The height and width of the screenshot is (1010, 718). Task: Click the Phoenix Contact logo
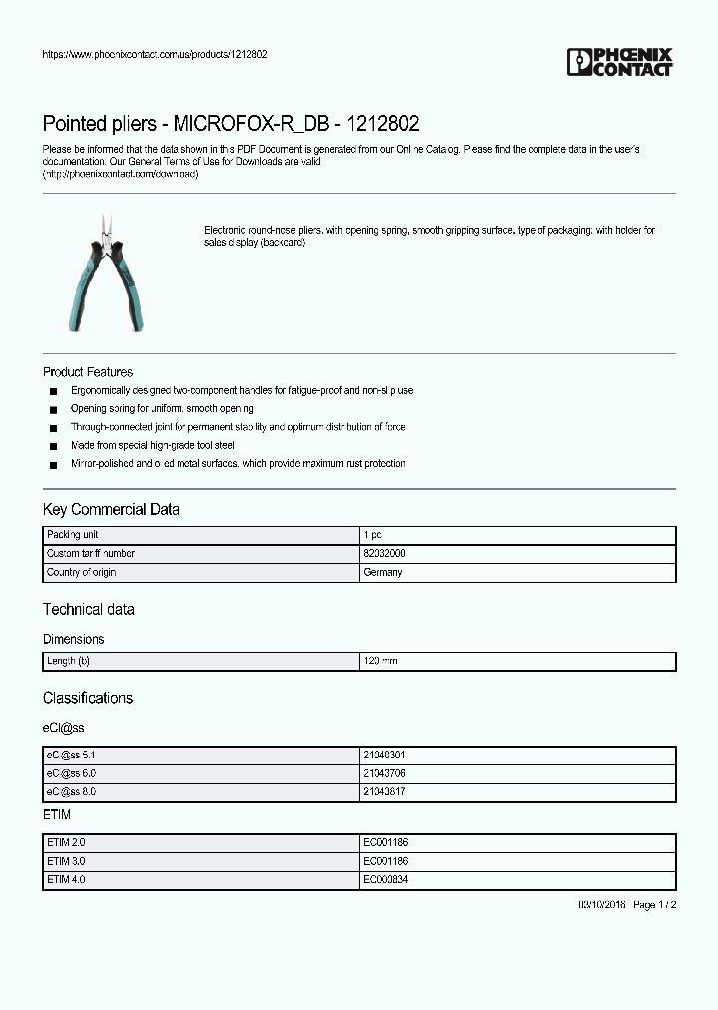(x=620, y=62)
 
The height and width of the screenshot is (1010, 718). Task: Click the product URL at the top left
(x=155, y=54)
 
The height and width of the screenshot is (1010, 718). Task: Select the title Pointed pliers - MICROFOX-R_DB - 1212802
(x=230, y=124)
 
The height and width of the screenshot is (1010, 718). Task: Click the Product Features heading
(x=88, y=372)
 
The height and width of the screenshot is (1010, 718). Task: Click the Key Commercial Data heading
(x=111, y=509)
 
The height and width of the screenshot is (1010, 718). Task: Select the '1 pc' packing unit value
(x=372, y=535)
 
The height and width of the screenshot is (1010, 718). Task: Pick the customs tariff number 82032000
(x=384, y=554)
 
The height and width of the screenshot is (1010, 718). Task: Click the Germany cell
(x=383, y=573)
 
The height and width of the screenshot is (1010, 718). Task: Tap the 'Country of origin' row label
(x=81, y=573)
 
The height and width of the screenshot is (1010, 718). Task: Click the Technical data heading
(x=88, y=609)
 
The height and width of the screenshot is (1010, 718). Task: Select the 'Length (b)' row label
(x=68, y=661)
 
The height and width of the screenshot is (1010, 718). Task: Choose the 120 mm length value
(x=380, y=661)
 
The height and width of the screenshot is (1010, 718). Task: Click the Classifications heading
(x=87, y=698)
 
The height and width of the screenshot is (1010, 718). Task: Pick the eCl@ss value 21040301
(x=384, y=756)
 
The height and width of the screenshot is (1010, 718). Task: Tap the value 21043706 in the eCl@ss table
(x=384, y=773)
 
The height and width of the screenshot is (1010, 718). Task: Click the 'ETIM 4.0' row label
(x=66, y=880)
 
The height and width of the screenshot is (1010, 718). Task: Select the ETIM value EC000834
(x=385, y=880)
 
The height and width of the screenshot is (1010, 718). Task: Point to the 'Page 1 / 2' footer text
(x=655, y=904)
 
